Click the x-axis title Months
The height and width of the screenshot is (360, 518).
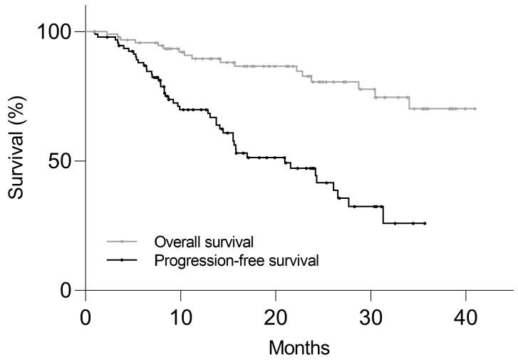pos(299,348)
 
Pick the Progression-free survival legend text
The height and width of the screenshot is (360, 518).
pos(236,260)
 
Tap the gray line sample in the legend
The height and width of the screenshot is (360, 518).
pos(123,242)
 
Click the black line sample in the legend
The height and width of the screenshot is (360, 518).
pos(123,260)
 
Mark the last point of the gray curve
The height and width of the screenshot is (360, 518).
pos(475,109)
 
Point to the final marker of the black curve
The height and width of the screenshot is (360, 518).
pos(425,223)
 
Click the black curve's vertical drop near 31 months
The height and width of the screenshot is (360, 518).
pos(383,215)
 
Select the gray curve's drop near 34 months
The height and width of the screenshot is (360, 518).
pos(410,103)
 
